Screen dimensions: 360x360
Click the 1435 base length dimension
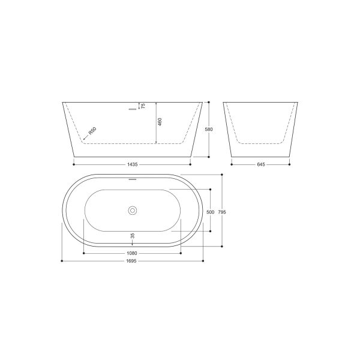pos(132,164)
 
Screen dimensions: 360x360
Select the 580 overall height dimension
pos(209,129)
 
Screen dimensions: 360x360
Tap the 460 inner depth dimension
pos(160,121)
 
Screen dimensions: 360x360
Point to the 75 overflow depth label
pos(143,106)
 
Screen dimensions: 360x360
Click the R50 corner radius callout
pos(92,131)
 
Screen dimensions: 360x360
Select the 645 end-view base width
pos(261,164)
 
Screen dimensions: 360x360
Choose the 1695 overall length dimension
pos(132,261)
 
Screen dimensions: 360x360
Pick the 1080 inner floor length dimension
pos(132,253)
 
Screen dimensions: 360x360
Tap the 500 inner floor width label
pos(211,212)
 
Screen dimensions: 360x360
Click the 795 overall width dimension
pos(222,212)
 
